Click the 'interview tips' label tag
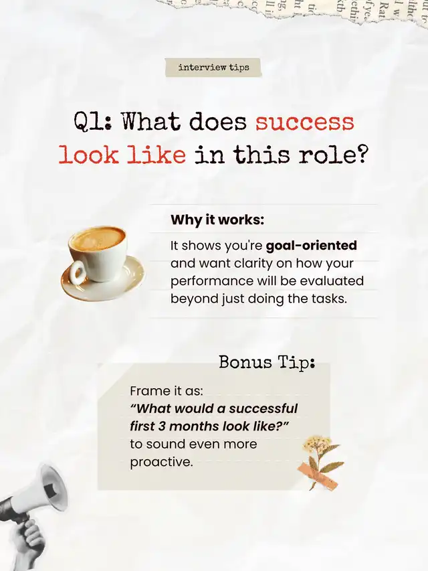(213, 68)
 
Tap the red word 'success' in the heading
(304, 122)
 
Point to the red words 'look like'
(122, 155)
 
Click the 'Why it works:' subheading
(217, 220)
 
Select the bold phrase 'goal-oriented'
(312, 246)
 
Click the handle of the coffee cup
(78, 272)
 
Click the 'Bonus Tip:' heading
(267, 363)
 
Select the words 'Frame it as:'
(167, 391)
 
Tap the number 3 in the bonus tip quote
(162, 426)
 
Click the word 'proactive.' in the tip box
(161, 463)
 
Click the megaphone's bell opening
(55, 487)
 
